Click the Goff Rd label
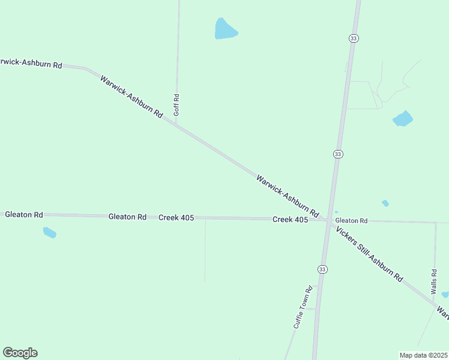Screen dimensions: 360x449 click(x=176, y=104)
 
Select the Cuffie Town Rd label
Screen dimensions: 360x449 click(x=303, y=306)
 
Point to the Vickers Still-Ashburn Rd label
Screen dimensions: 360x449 click(x=369, y=254)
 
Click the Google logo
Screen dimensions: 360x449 click(x=20, y=353)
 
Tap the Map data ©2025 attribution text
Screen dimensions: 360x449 click(x=423, y=355)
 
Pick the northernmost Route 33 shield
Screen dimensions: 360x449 click(x=354, y=38)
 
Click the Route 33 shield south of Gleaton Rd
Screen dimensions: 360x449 click(x=322, y=268)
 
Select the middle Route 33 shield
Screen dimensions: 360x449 click(x=338, y=154)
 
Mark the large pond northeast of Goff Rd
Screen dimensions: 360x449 click(x=225, y=29)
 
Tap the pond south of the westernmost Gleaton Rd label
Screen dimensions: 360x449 click(x=49, y=232)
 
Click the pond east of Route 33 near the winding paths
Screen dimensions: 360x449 click(x=403, y=119)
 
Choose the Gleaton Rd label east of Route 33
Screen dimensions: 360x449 click(x=351, y=221)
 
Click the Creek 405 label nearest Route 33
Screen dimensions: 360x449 click(x=290, y=220)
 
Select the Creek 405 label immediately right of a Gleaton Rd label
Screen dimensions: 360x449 click(x=176, y=217)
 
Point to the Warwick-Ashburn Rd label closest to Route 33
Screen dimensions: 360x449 click(x=287, y=196)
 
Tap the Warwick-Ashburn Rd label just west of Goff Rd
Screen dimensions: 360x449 click(x=131, y=96)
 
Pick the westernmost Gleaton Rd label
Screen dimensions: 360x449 click(x=24, y=214)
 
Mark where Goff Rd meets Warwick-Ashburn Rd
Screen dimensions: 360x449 click(x=176, y=122)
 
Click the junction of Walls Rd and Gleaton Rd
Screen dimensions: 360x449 click(x=436, y=223)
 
